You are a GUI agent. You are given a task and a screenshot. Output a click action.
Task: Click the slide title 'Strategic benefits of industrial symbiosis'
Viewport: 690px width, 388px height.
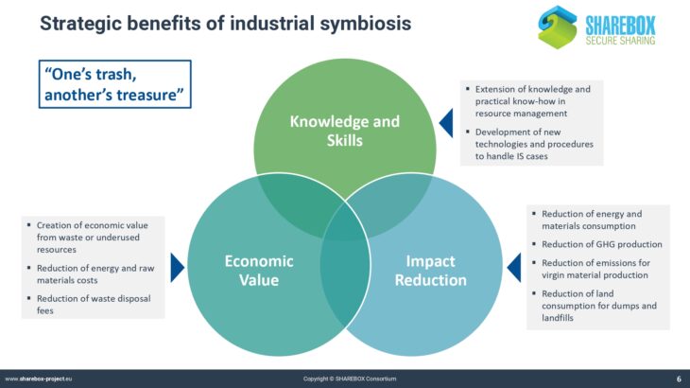pyautogui.click(x=225, y=23)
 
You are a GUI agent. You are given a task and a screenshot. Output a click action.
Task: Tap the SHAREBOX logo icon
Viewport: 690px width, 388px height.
pyautogui.click(x=557, y=26)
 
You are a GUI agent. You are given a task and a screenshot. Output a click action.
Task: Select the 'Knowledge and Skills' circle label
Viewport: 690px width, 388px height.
pyautogui.click(x=344, y=131)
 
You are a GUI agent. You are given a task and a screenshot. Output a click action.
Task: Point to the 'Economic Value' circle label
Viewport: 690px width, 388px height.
pyautogui.click(x=257, y=270)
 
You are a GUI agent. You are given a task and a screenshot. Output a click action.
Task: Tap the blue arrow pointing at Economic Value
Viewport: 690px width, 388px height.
pyautogui.click(x=177, y=268)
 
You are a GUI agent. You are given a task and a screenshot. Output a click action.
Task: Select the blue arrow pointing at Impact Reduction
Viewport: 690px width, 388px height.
pyautogui.click(x=513, y=268)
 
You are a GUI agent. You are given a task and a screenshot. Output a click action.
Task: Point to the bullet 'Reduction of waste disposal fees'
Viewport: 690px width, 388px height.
pyautogui.click(x=94, y=304)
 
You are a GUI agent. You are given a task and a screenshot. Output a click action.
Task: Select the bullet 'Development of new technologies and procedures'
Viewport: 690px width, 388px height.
pyautogui.click(x=533, y=144)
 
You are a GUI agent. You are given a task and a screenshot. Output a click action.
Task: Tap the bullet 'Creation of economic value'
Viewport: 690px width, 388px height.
pyautogui.click(x=94, y=238)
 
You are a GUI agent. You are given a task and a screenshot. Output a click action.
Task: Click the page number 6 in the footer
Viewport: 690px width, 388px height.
pyautogui.click(x=679, y=379)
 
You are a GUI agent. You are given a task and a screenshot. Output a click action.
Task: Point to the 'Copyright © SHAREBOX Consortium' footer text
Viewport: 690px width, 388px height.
pyautogui.click(x=350, y=379)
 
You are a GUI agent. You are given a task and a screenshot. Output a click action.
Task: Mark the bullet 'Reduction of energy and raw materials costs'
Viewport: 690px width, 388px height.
pyautogui.click(x=94, y=273)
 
